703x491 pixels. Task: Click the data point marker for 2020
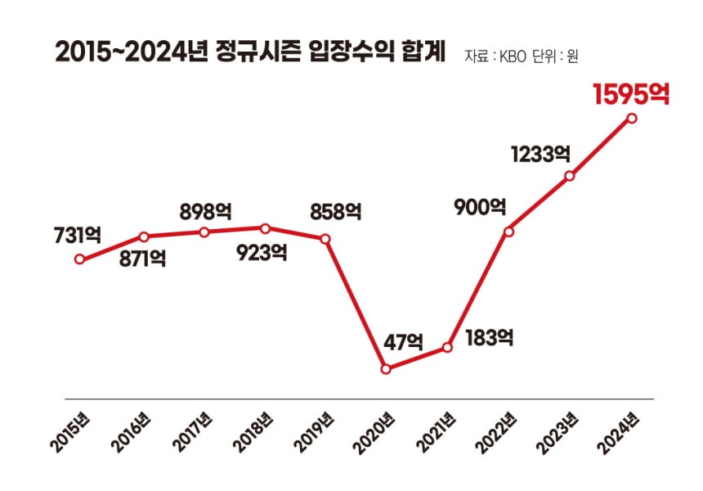(x=387, y=369)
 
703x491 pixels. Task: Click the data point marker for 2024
(x=632, y=118)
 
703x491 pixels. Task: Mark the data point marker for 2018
(x=265, y=227)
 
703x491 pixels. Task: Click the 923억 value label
(x=262, y=253)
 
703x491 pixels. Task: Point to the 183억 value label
(x=488, y=336)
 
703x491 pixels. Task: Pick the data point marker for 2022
(x=509, y=232)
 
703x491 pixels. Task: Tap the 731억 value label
(x=78, y=235)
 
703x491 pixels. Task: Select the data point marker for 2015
(x=79, y=259)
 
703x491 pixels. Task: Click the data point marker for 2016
(x=143, y=236)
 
